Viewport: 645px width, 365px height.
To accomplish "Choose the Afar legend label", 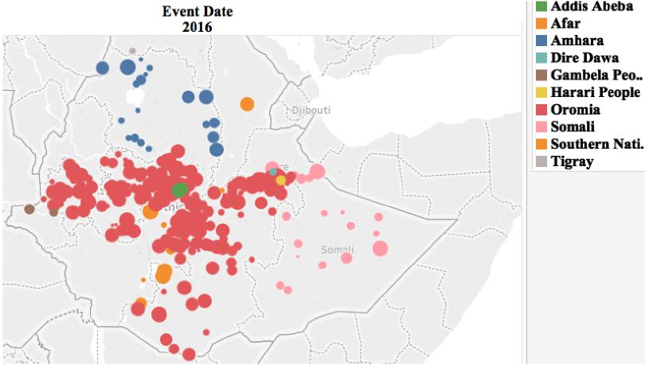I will tap(565, 23).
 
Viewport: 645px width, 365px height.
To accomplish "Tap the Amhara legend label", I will tap(577, 41).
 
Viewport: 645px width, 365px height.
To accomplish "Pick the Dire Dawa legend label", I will tap(584, 58).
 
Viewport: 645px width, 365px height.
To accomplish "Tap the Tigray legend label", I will tap(572, 161).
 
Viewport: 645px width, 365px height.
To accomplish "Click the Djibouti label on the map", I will tap(311, 110).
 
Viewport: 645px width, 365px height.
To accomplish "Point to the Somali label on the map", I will tap(337, 250).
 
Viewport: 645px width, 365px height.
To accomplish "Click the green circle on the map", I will tap(180, 190).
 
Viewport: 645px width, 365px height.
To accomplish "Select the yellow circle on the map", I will tap(280, 181).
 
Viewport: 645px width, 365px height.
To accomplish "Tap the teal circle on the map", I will tap(273, 172).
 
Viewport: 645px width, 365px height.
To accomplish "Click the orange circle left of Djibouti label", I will tap(247, 103).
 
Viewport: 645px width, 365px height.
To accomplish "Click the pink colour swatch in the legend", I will tap(541, 127).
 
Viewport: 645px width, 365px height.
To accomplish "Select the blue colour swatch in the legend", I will tap(541, 41).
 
